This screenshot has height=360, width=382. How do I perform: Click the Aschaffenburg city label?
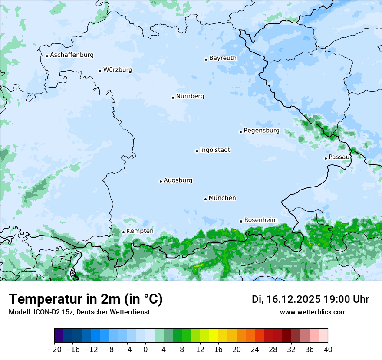click(72, 55)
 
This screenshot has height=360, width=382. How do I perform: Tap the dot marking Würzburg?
click(100, 71)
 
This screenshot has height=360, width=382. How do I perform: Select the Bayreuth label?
click(223, 58)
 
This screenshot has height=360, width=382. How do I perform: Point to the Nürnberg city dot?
click(173, 98)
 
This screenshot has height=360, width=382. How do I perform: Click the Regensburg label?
click(261, 131)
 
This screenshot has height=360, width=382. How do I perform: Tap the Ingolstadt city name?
click(215, 150)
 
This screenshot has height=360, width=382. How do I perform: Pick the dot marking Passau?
click(326, 158)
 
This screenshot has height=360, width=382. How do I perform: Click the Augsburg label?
click(178, 180)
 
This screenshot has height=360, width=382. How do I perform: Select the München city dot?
click(205, 199)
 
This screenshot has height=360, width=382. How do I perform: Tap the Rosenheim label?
click(260, 220)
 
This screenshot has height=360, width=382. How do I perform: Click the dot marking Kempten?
click(123, 232)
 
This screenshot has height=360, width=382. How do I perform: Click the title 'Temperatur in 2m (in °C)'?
click(86, 299)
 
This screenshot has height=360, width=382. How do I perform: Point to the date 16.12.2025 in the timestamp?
click(292, 299)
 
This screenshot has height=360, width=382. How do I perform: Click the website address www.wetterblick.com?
click(313, 312)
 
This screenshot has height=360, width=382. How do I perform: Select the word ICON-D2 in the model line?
click(46, 312)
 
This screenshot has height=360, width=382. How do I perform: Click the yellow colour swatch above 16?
click(214, 336)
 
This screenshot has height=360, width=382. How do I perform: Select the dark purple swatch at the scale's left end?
click(59, 336)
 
